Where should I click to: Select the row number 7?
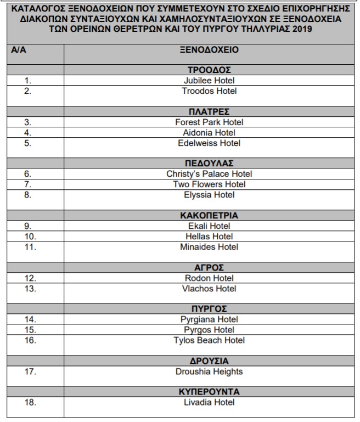[x=28, y=184]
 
